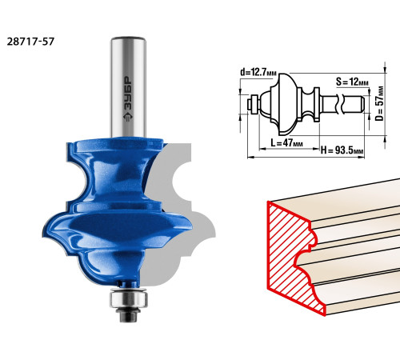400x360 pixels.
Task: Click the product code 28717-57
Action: coord(30,42)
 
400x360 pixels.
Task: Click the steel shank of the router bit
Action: coord(128,87)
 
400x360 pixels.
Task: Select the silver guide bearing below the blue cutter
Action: coord(128,298)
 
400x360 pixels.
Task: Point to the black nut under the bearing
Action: coord(128,316)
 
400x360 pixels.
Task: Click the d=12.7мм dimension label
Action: coord(258,72)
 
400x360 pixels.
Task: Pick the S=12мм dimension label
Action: coord(352,82)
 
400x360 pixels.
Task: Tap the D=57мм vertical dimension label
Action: coord(379,103)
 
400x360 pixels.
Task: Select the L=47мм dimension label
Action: coord(286,143)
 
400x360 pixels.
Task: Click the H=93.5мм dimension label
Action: coord(342,150)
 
